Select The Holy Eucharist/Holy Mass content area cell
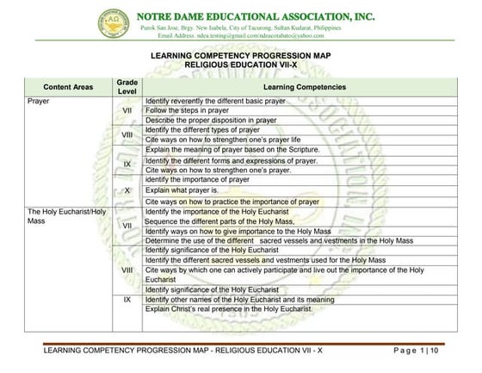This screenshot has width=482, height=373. coord(67,215)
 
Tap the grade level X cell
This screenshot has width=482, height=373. coord(127,190)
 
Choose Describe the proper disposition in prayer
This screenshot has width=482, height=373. coord(211,121)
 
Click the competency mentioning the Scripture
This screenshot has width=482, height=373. coord(232,150)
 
